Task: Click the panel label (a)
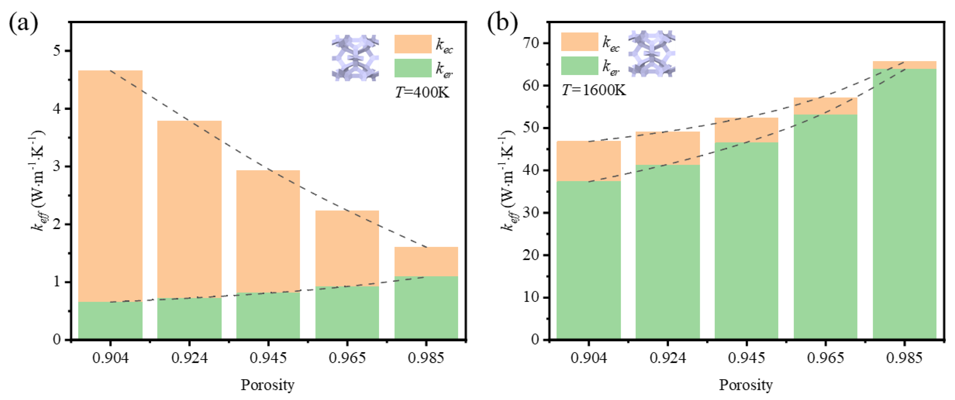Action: (23, 23)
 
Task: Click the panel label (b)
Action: (503, 23)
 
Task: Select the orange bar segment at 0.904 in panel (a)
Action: (110, 185)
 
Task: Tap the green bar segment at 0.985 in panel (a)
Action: (426, 308)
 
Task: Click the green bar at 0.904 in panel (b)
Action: (588, 259)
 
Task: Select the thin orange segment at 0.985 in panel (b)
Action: (905, 65)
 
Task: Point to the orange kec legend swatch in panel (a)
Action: (413, 44)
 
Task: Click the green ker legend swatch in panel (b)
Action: (579, 66)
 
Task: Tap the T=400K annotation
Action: (422, 92)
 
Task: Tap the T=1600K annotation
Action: (593, 90)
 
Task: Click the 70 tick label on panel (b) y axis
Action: (530, 43)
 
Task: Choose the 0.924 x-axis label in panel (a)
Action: (190, 358)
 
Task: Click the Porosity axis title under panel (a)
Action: (268, 385)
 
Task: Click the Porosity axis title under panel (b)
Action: (746, 385)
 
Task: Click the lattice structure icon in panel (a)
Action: (355, 58)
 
